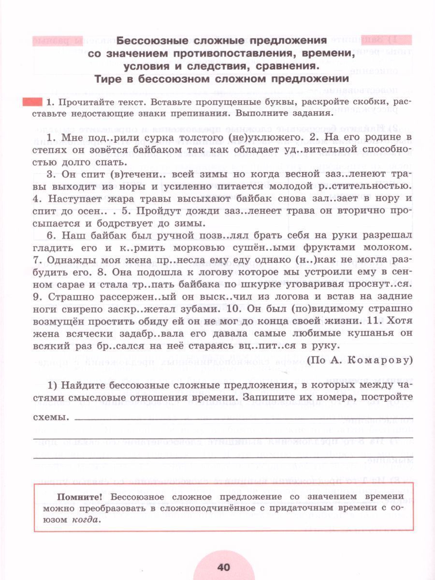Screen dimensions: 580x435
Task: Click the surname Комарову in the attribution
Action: [x=377, y=360]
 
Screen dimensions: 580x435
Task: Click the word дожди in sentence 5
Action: [x=193, y=211]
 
